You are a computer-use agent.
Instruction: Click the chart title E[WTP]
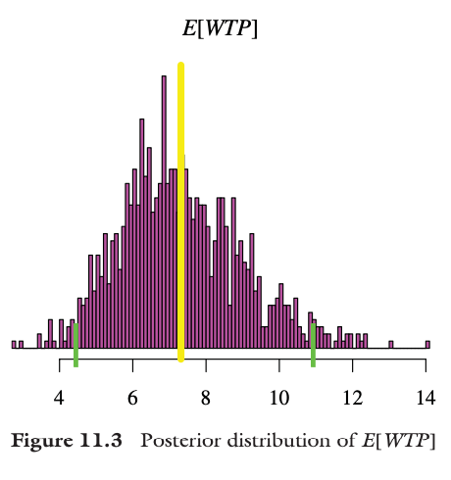[221, 29]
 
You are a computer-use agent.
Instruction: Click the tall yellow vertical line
[181, 211]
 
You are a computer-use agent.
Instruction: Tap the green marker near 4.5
[75, 344]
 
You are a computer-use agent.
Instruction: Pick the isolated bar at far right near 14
[427, 344]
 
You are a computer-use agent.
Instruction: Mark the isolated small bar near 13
[390, 344]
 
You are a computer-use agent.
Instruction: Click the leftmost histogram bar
[14, 344]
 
